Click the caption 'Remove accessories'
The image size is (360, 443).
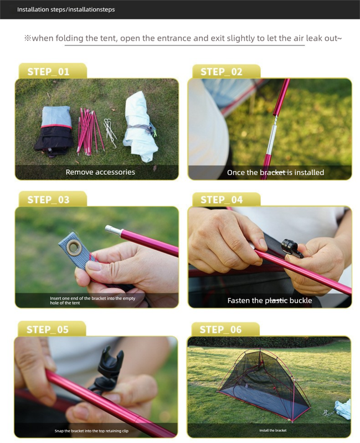pyautogui.click(x=100, y=172)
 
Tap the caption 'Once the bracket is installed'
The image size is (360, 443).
pyautogui.click(x=275, y=172)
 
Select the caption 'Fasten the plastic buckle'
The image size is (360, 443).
pyautogui.click(x=270, y=301)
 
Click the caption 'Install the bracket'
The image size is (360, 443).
pyautogui.click(x=272, y=430)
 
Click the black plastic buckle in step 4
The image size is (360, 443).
pyautogui.click(x=291, y=248)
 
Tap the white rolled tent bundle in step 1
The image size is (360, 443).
pyautogui.click(x=139, y=126)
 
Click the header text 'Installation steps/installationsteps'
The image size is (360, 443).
pyautogui.click(x=66, y=9)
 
